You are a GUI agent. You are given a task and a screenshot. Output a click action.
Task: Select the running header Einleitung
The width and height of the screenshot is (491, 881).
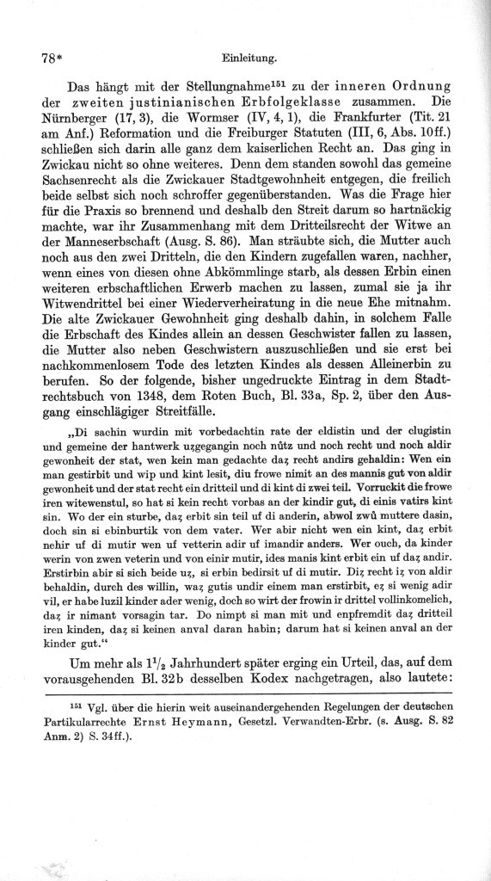248,58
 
